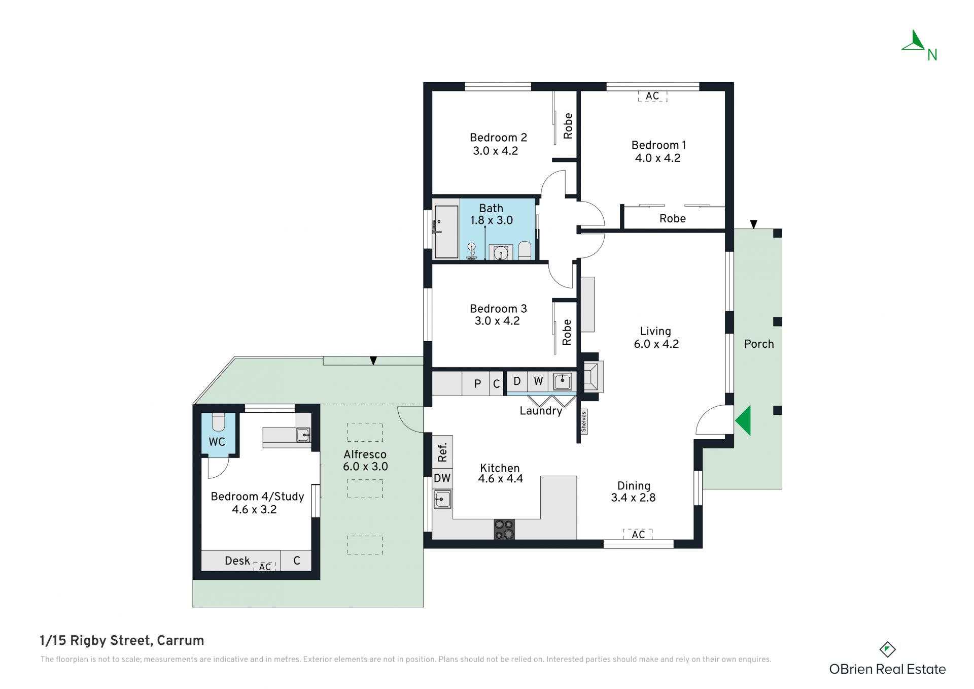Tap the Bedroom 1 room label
click(658, 145)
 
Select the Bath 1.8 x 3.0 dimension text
click(491, 220)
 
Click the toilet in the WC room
click(218, 422)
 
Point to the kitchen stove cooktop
click(504, 529)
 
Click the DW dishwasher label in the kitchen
click(442, 478)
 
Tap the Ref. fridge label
click(442, 452)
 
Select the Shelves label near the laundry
click(584, 422)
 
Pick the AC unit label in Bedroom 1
click(652, 96)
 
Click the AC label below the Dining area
click(638, 534)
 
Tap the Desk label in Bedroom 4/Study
click(237, 561)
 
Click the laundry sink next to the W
click(562, 381)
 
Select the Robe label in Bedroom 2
click(568, 126)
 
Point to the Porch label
click(759, 344)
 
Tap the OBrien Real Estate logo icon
click(887, 649)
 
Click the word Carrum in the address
click(181, 641)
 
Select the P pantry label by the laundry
click(477, 384)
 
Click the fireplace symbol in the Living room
click(591, 376)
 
